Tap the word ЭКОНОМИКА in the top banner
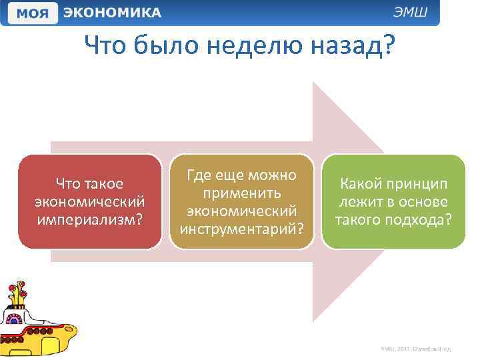tap(112, 13)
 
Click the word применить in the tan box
tap(241, 193)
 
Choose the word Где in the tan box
tap(199, 175)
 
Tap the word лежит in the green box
tap(364, 202)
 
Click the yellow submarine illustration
tap(37, 320)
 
